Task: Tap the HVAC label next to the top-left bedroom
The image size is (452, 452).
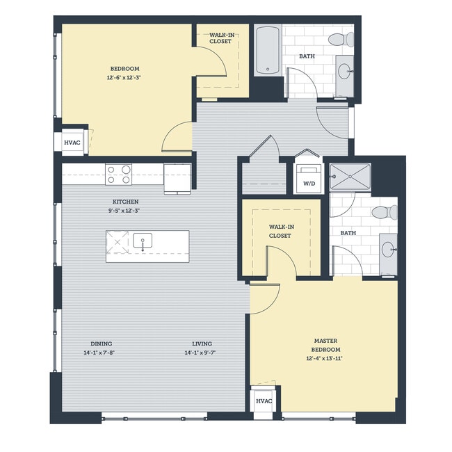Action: [x=72, y=143]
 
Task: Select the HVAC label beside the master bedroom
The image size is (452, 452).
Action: [x=264, y=401]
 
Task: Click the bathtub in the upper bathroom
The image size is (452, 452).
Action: [x=268, y=50]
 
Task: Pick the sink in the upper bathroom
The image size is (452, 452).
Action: [x=344, y=70]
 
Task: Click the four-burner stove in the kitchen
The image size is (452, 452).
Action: [x=118, y=174]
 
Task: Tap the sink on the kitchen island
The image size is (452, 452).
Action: [x=143, y=243]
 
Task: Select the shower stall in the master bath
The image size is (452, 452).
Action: [x=350, y=177]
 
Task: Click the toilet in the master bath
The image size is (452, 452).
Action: [x=384, y=212]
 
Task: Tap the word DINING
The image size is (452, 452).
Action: [x=102, y=344]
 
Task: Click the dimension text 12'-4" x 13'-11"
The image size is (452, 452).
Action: [x=325, y=359]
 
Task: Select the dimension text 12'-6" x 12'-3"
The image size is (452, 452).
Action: [x=124, y=78]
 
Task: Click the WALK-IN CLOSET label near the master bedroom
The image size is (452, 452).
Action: [x=280, y=232]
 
